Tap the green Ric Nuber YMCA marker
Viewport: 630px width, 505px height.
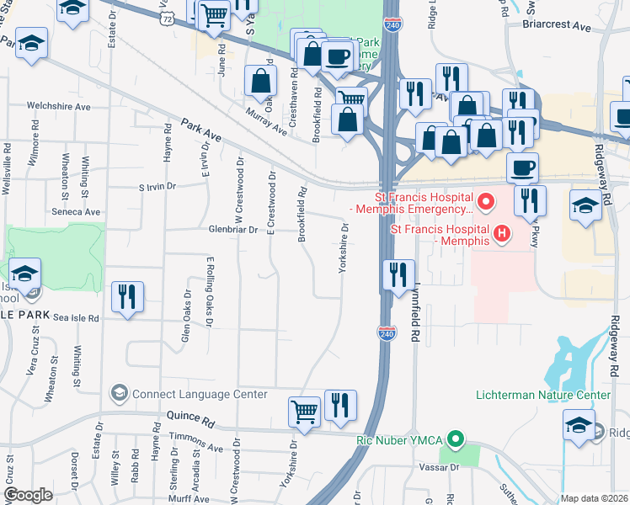pos(456,439)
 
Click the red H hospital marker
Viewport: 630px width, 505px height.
pos(503,232)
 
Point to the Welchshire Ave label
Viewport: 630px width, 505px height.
pos(58,107)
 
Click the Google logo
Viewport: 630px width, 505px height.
pos(28,495)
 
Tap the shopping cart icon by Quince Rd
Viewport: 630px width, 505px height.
pos(304,412)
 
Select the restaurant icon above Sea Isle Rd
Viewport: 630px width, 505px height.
pos(127,297)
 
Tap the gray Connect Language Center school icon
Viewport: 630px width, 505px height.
pos(120,394)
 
